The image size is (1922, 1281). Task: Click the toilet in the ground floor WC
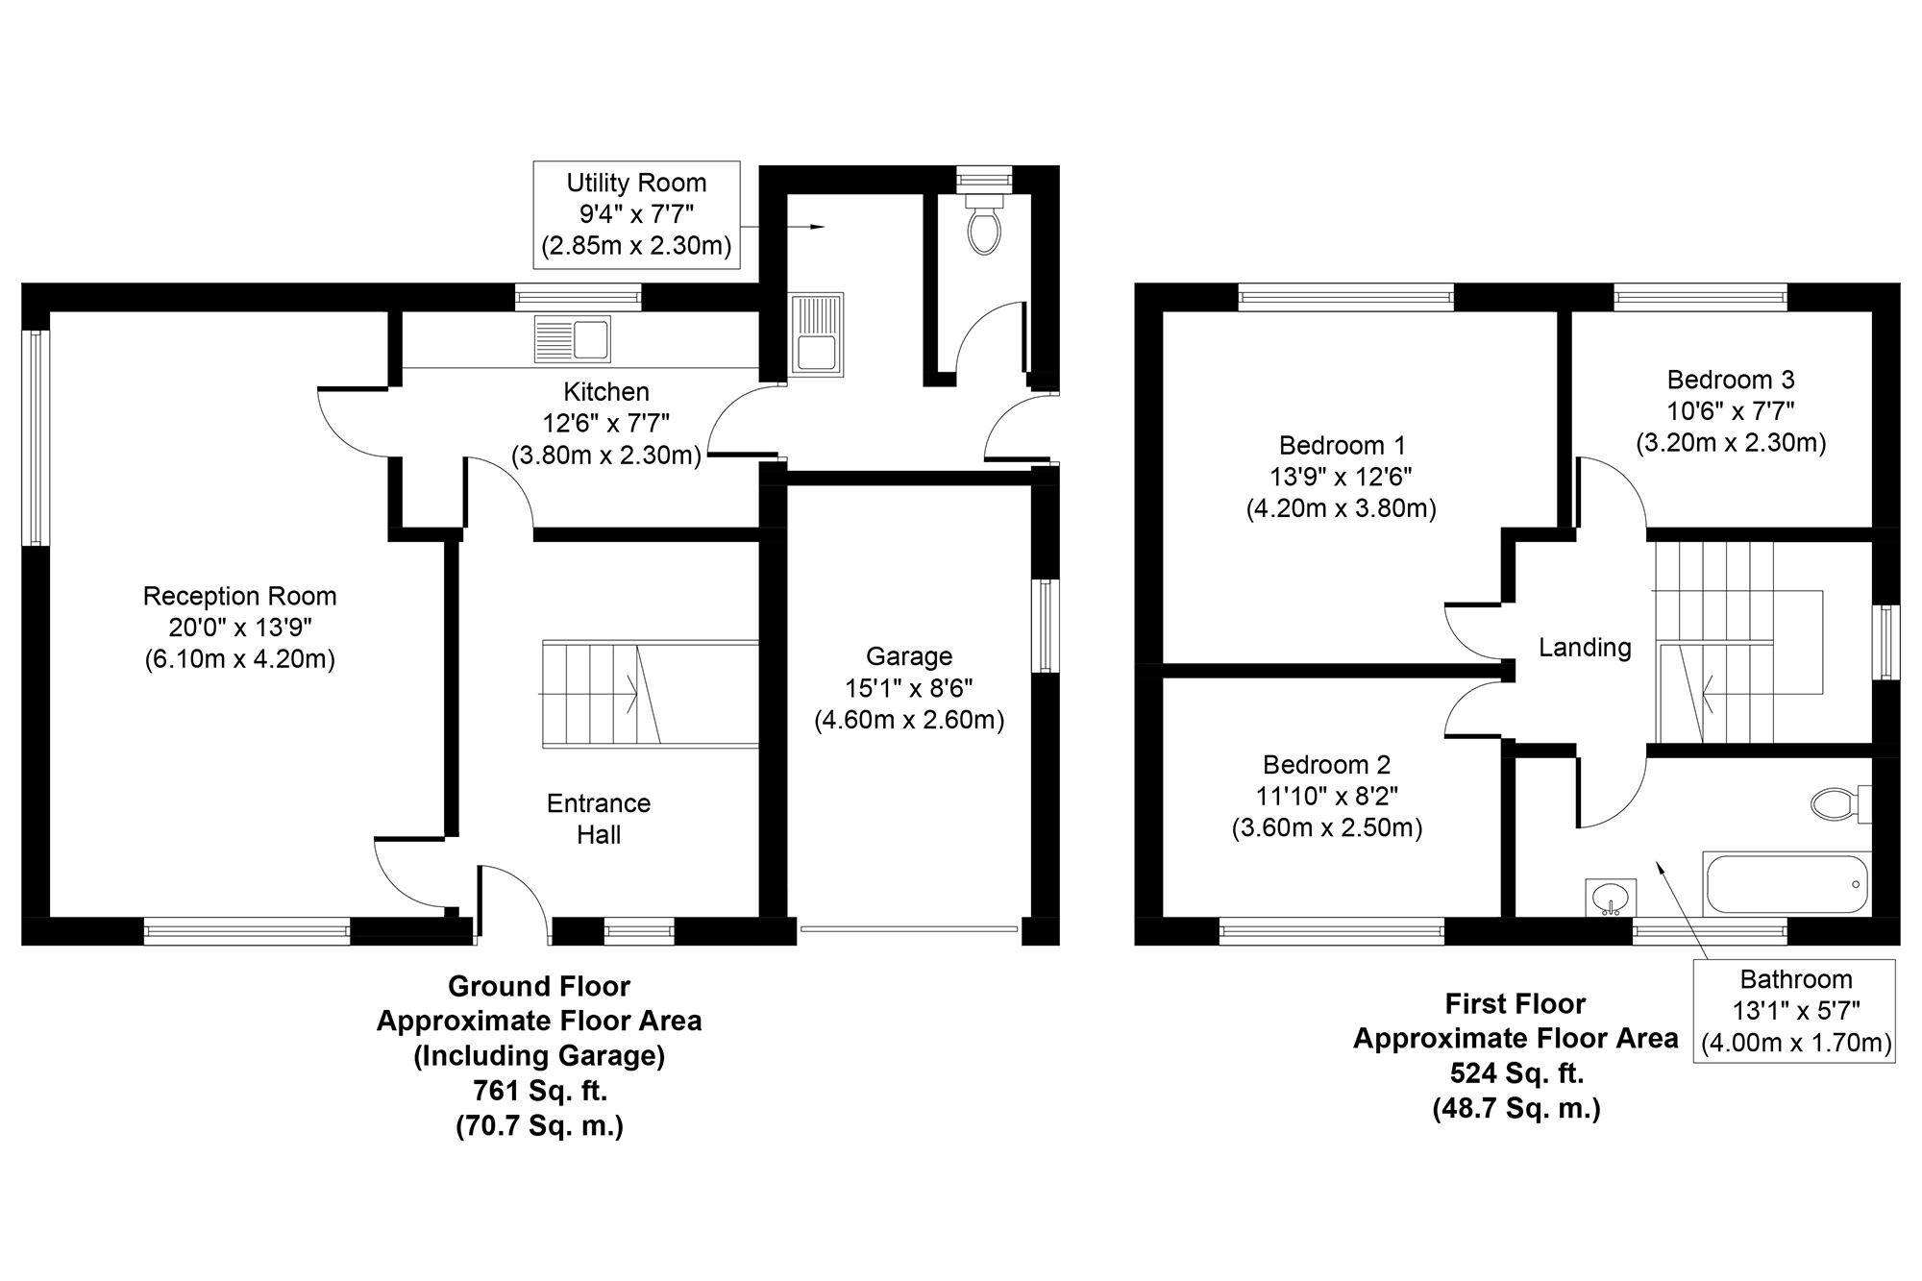(984, 225)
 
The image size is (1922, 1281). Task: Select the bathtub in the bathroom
(1786, 883)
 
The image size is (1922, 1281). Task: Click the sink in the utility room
(816, 333)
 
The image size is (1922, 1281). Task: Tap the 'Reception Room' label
(240, 596)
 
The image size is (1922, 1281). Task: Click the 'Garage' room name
(909, 656)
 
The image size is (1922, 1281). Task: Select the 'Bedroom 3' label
(1731, 380)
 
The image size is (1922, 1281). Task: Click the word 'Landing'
(1585, 648)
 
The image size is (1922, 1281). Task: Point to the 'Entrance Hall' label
(599, 819)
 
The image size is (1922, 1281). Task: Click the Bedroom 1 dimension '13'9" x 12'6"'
(1342, 477)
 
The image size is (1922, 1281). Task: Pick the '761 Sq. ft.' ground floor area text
(539, 1091)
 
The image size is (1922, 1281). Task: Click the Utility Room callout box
(637, 214)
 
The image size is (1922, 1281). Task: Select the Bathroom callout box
(1795, 1011)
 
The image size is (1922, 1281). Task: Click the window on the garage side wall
(1046, 626)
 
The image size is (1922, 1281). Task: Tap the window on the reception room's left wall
(36, 437)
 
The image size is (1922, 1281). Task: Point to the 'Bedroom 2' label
(1326, 765)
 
